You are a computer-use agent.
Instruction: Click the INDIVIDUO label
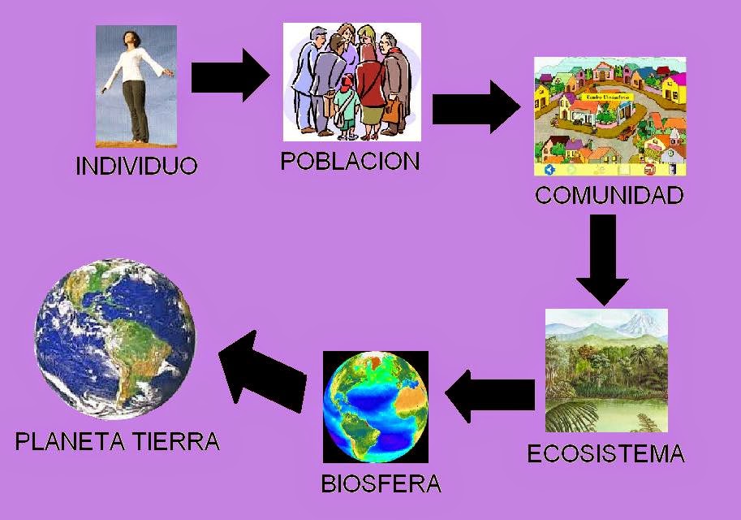pos(136,167)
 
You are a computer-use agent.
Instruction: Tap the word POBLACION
pos(350,161)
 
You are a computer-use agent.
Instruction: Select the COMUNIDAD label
pos(609,196)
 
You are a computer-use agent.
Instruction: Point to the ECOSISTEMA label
pos(605,453)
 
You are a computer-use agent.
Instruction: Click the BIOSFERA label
pos(381,485)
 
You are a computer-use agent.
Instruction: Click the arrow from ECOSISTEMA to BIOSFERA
pos(489,395)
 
